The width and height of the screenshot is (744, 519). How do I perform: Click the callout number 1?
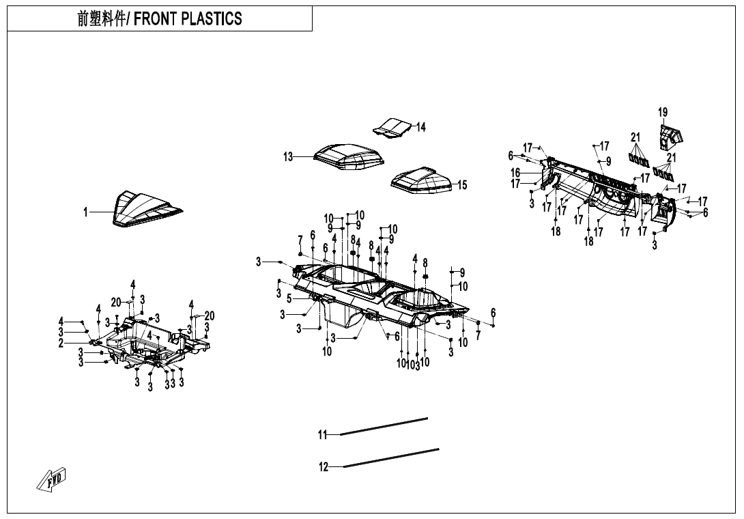(86, 212)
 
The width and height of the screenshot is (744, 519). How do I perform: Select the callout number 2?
(61, 343)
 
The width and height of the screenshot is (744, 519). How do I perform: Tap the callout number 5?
(289, 298)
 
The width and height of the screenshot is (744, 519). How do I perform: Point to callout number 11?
(323, 434)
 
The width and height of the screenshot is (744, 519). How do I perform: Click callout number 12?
(324, 467)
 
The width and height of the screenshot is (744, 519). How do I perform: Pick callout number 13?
(289, 157)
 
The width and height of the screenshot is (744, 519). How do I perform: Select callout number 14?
(421, 127)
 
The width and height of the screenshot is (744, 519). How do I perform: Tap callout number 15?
(462, 185)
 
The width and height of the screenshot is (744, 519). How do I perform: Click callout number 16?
(515, 173)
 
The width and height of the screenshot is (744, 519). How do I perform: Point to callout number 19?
(663, 112)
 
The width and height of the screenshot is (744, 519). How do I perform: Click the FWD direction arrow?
(52, 479)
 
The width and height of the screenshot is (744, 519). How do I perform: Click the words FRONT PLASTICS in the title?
(188, 18)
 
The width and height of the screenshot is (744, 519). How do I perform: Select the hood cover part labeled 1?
(143, 208)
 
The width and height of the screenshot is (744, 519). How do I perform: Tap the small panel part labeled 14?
(392, 127)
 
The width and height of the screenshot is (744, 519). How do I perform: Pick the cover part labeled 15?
(422, 179)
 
